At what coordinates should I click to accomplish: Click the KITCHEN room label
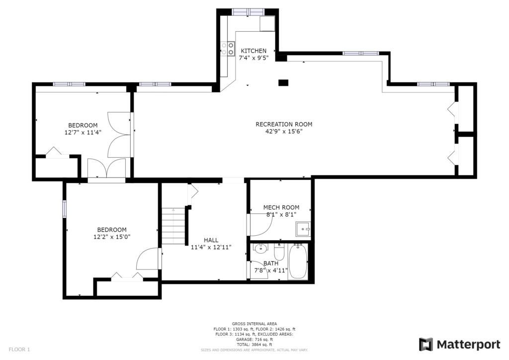tap(254, 51)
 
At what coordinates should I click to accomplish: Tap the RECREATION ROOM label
tap(284, 124)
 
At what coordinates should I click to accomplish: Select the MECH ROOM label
tap(281, 207)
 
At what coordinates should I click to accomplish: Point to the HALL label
tap(211, 240)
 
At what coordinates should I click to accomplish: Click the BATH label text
tap(271, 263)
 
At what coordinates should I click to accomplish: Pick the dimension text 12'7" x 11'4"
tap(83, 132)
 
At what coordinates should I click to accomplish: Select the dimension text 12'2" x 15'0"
tap(112, 237)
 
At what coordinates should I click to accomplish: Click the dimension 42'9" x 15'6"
tap(284, 131)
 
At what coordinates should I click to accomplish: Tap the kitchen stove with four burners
tap(228, 49)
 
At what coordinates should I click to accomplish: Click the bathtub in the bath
tap(298, 262)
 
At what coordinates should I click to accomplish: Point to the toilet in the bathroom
tap(279, 250)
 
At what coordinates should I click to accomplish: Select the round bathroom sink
tap(260, 249)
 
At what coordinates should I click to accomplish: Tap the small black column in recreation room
tap(283, 83)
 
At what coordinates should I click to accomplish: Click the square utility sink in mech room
tap(303, 229)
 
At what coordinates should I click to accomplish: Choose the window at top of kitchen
tap(249, 12)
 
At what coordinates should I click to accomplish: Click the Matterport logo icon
tap(426, 345)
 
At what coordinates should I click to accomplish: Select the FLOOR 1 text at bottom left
tap(19, 350)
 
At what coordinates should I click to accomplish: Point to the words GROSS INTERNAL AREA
tap(254, 324)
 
